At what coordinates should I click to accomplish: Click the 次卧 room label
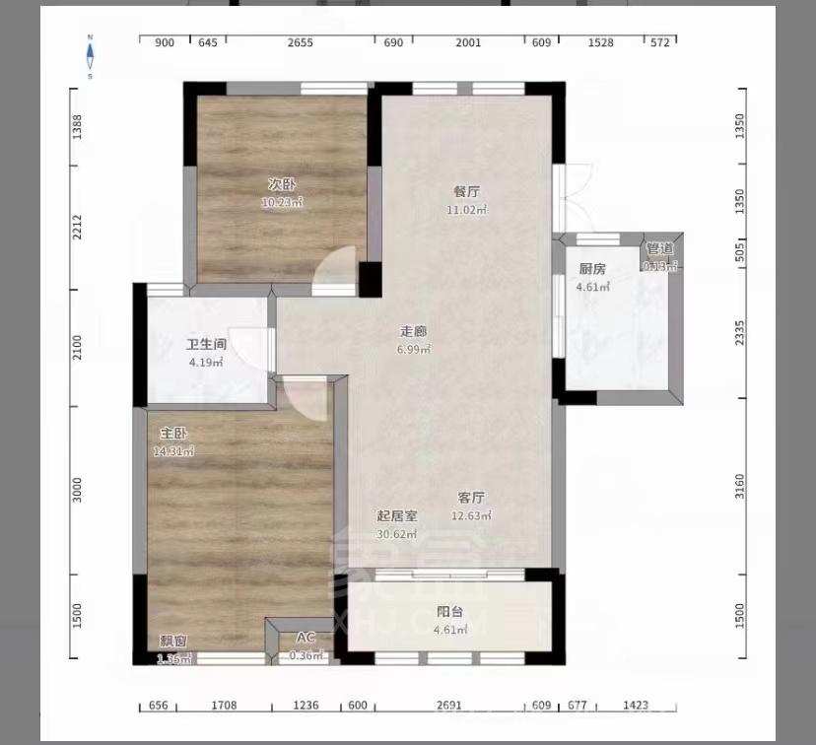point(282,184)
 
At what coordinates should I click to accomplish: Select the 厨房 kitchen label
point(591,269)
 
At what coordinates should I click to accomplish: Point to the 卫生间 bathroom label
point(207,345)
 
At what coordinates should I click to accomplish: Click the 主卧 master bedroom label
point(174,434)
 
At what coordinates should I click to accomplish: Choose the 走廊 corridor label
point(414,332)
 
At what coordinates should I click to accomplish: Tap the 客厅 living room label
point(471,498)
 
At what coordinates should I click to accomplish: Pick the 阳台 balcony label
point(449,612)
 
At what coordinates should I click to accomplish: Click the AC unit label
point(306,639)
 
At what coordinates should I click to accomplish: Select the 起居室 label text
point(397,516)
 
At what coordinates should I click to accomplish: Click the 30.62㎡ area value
point(397,534)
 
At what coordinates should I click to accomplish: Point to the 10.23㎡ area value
point(282,202)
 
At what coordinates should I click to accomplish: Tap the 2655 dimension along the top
point(301,42)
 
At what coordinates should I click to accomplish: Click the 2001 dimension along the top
point(468,42)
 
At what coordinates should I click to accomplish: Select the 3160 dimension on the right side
point(739,487)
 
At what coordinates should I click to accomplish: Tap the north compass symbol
point(90,56)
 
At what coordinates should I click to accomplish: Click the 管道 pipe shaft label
point(660,248)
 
